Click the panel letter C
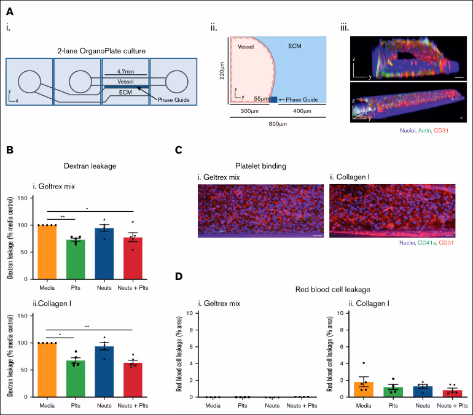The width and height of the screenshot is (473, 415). (179, 149)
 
